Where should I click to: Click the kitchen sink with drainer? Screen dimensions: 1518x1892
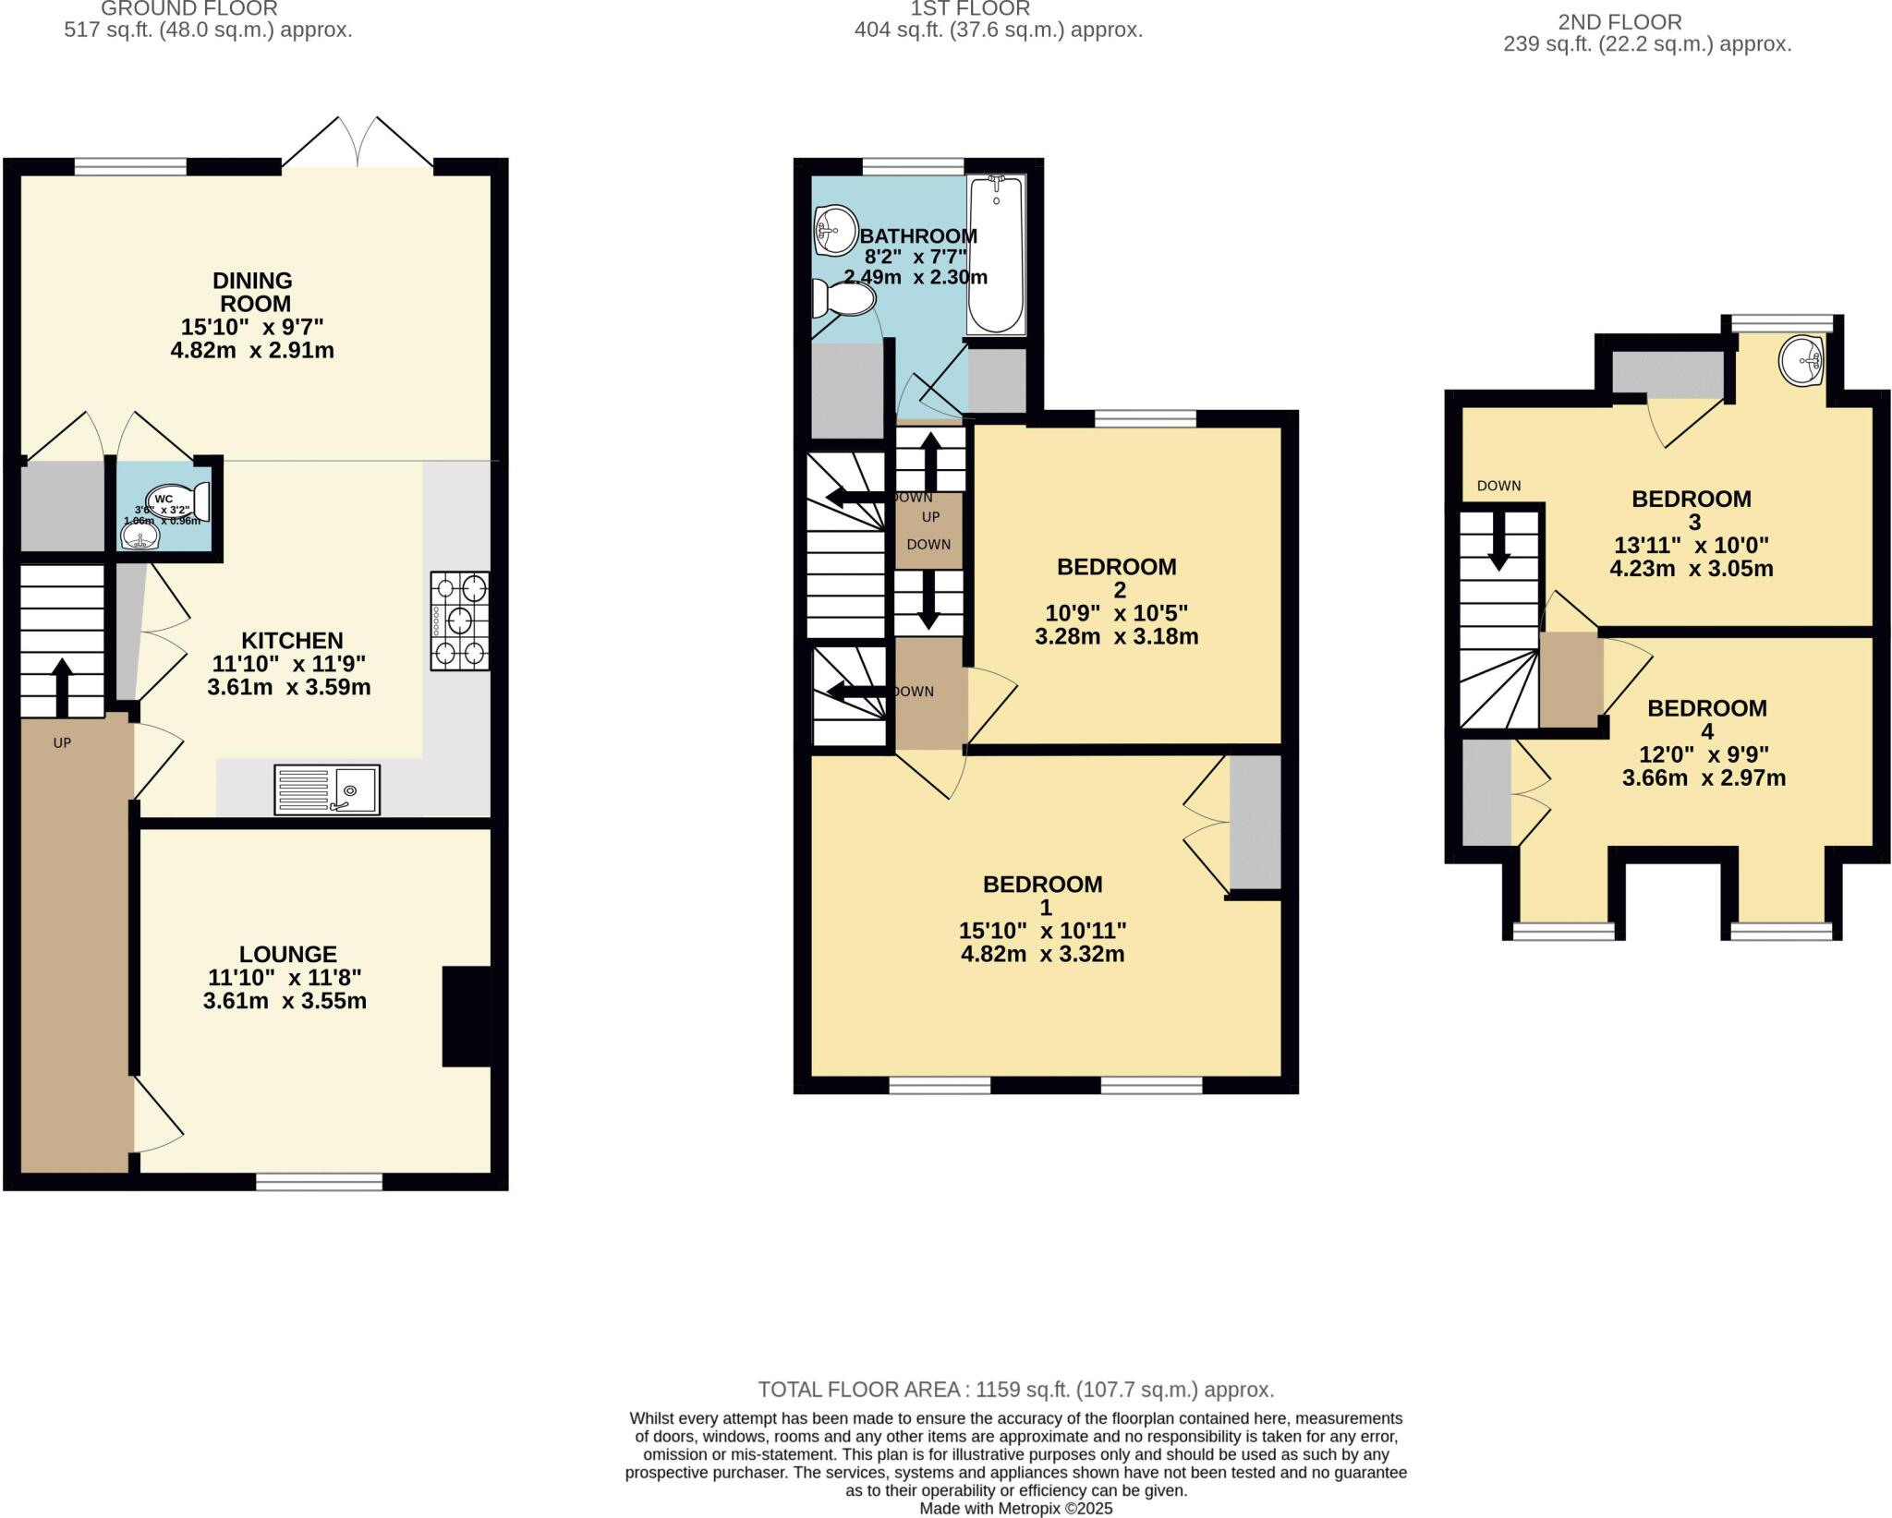326,789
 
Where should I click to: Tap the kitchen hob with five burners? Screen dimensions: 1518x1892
459,620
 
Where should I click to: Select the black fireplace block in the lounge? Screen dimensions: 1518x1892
467,1017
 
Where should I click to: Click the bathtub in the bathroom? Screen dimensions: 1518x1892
996,256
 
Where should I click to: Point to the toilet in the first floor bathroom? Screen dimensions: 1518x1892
843,299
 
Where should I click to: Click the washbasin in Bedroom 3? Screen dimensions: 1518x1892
1801,360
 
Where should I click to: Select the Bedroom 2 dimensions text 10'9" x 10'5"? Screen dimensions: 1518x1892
1116,613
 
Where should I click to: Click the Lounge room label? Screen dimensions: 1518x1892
287,954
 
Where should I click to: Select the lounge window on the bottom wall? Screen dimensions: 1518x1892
319,1181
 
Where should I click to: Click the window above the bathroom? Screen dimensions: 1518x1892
913,166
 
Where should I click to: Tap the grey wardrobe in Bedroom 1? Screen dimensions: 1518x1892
1255,822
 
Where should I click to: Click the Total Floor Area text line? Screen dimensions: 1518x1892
1015,1390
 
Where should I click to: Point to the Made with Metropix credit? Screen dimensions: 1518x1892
1015,1509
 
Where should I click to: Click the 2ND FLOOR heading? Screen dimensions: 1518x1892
1619,21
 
